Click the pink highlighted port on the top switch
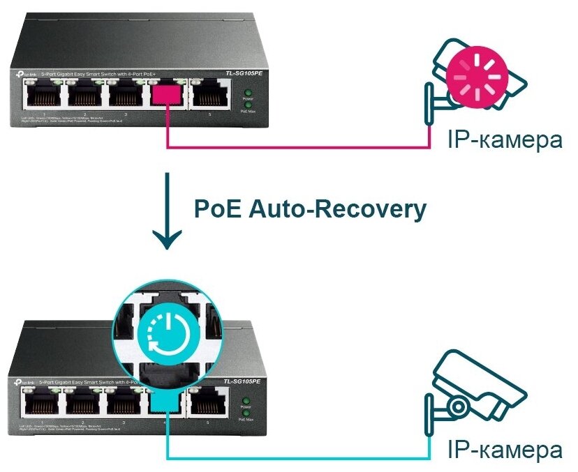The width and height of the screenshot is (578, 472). (x=165, y=96)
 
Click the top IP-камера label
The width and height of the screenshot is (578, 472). (x=504, y=139)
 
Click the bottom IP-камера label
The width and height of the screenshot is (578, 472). (x=504, y=450)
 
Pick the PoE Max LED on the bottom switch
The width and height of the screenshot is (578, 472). (x=246, y=412)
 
